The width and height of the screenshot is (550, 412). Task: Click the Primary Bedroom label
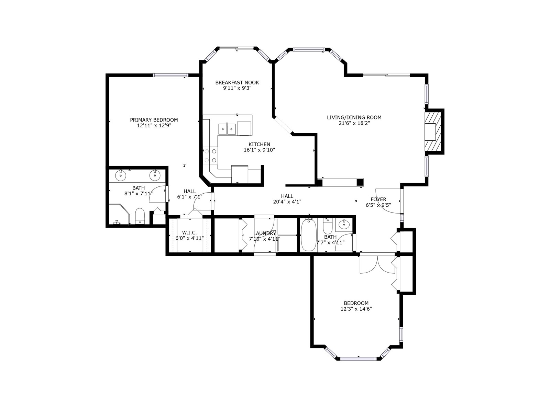click(x=154, y=120)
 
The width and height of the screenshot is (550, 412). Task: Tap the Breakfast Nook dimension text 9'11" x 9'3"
click(x=237, y=88)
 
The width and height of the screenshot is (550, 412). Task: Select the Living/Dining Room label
click(x=354, y=117)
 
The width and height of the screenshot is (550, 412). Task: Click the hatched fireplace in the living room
click(x=432, y=131)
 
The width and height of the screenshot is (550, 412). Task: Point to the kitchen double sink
click(x=227, y=129)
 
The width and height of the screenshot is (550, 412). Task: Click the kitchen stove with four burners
click(x=210, y=155)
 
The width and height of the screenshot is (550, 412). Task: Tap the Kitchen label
click(x=259, y=144)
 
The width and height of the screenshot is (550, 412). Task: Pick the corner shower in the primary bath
click(x=119, y=215)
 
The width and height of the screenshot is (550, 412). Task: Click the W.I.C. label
click(x=189, y=233)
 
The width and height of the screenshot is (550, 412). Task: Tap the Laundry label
click(x=265, y=233)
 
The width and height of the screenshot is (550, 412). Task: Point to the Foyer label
click(x=378, y=199)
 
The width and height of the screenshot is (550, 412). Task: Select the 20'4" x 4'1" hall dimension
click(x=287, y=202)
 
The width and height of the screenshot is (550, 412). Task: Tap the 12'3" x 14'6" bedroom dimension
click(x=356, y=309)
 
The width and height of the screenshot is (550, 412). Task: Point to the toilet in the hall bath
click(x=328, y=226)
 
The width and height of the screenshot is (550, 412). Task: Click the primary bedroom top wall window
click(x=170, y=75)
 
